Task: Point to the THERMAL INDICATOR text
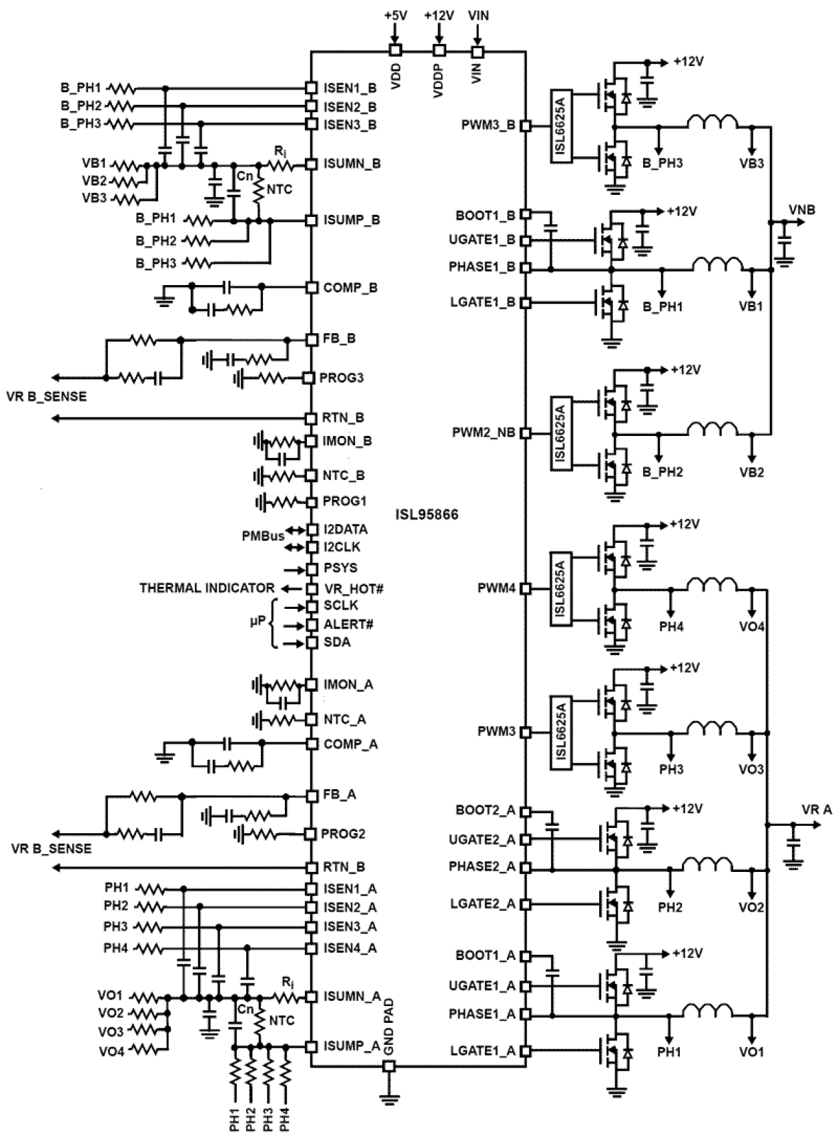point(207,588)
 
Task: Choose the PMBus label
point(263,535)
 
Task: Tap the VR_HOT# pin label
point(354,589)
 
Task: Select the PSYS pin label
point(340,568)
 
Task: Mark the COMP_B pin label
point(350,288)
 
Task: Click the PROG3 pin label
point(342,378)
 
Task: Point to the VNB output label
point(801,210)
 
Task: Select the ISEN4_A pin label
point(350,948)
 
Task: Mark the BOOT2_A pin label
point(486,811)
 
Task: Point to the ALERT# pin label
point(348,624)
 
